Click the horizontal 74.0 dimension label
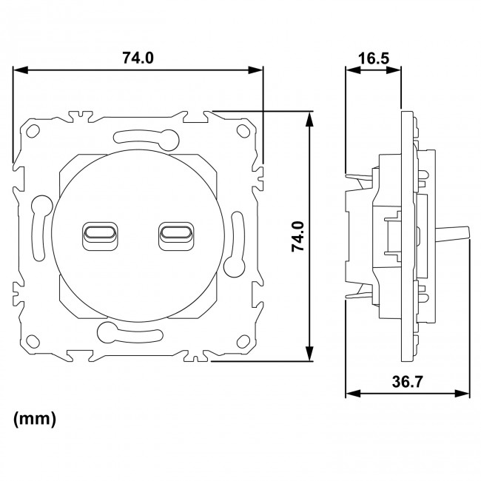137,58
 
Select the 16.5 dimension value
374,58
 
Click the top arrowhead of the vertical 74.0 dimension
309,115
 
